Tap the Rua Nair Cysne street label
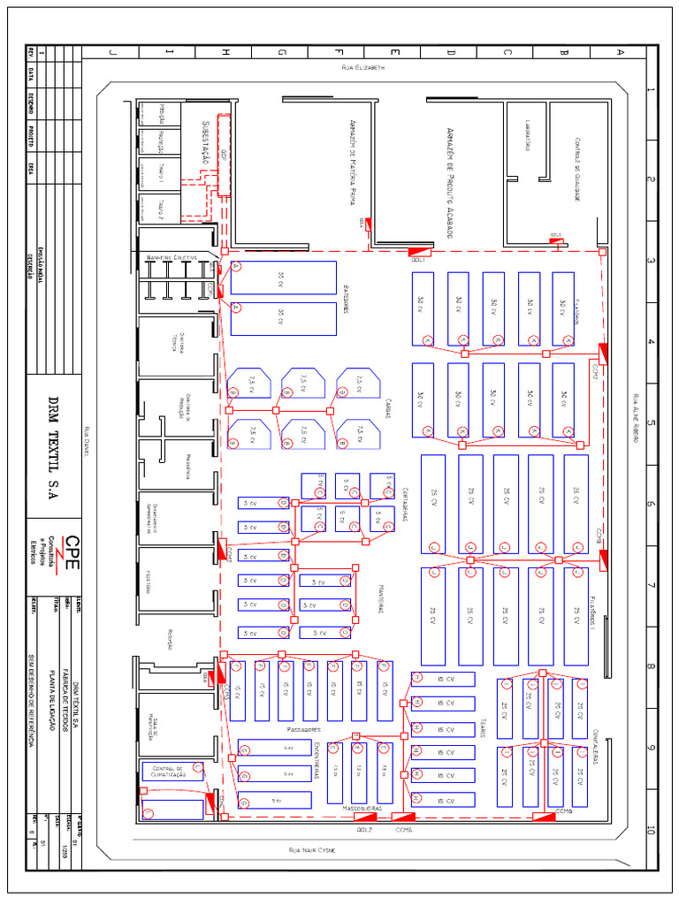[x=314, y=849]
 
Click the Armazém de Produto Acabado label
[x=450, y=181]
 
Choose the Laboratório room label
[x=527, y=138]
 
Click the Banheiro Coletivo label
[x=175, y=257]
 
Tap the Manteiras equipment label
[x=381, y=598]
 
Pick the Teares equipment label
[x=484, y=727]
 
